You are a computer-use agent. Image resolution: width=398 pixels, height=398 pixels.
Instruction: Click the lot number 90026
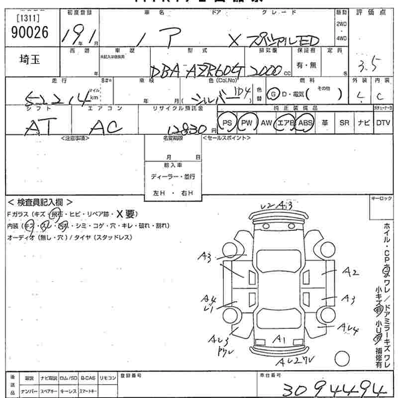pyautogui.click(x=29, y=32)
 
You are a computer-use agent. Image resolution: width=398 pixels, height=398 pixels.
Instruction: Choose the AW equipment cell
pyautogui.click(x=267, y=123)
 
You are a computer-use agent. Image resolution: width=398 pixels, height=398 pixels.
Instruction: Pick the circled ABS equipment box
pyautogui.click(x=306, y=123)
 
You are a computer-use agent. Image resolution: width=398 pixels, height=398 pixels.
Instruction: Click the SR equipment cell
pyautogui.click(x=344, y=123)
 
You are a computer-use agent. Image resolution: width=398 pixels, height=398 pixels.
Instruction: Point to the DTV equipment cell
pyautogui.click(x=383, y=123)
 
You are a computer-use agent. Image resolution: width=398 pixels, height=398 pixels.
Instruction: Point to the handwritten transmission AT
pyautogui.click(x=38, y=128)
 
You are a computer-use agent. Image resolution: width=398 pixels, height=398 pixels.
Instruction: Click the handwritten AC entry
pyautogui.click(x=105, y=128)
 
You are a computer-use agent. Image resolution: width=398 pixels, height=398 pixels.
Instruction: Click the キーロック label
pyautogui.click(x=382, y=199)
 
